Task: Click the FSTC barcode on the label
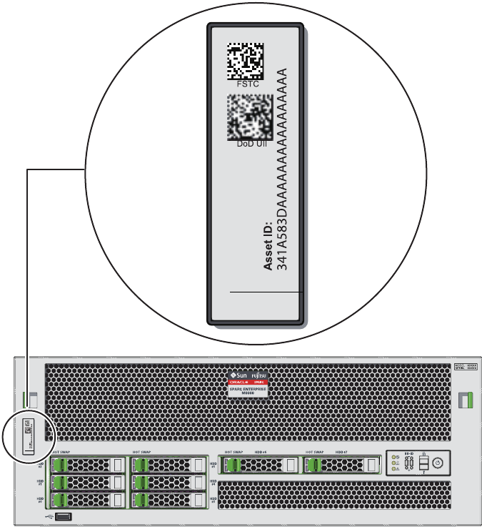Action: click(245, 61)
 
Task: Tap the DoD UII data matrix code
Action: click(247, 117)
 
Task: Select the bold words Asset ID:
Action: click(269, 236)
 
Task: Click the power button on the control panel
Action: click(438, 463)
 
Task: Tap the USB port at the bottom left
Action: click(63, 516)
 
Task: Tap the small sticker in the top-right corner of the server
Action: click(466, 367)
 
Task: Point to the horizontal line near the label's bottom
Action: click(261, 292)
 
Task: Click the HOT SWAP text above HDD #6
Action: click(234, 452)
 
